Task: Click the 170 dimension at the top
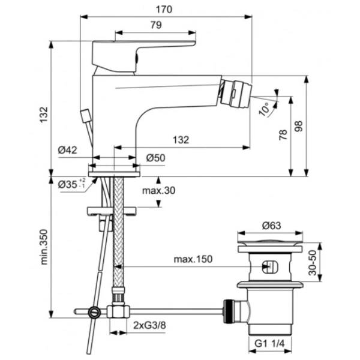coord(164,10)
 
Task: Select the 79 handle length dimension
coord(156,25)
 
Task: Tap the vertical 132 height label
coord(44,115)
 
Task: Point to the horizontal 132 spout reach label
coord(181,140)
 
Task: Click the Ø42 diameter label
coord(67,150)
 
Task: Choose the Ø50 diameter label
coord(155,158)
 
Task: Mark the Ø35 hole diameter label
coord(71,184)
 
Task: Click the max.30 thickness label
coord(158,191)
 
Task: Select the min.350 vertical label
coord(44,247)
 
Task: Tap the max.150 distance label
coord(193,259)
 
